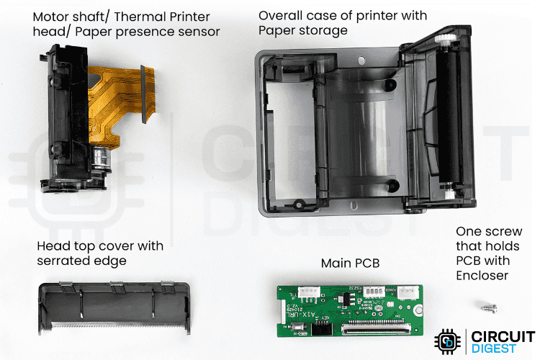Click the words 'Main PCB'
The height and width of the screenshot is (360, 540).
tap(350, 264)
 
